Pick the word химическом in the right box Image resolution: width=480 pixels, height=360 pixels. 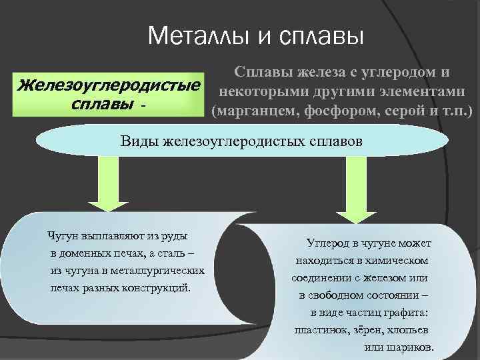coord(397,261)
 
